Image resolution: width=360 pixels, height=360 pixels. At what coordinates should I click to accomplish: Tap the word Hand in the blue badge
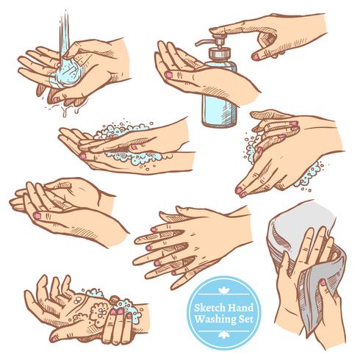[241, 307]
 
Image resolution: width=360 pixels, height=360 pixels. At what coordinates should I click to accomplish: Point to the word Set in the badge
[246, 319]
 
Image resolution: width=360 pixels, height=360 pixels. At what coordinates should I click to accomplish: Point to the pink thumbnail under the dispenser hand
[169, 75]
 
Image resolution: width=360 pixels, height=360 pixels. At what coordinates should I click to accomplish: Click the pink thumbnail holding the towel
[323, 282]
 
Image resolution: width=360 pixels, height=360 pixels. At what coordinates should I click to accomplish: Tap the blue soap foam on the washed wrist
[126, 309]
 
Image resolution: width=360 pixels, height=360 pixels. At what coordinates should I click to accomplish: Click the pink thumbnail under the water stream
[56, 100]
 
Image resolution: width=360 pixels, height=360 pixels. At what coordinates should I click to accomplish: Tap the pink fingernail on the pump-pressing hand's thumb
[256, 57]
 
